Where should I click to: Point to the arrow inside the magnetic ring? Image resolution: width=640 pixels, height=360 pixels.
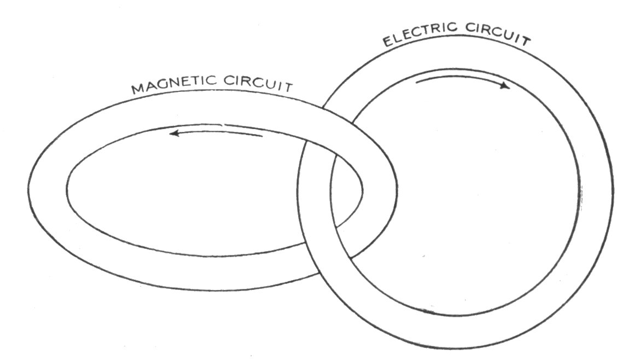216,132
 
